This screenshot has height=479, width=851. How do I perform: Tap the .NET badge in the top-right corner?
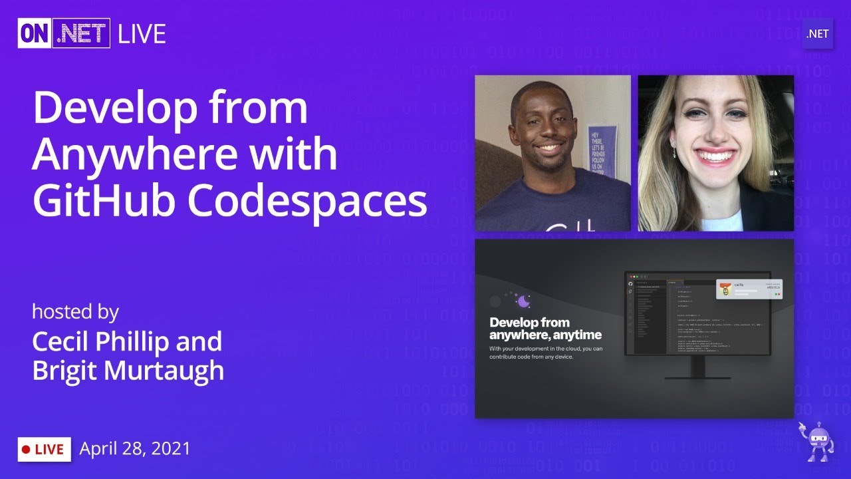(x=817, y=33)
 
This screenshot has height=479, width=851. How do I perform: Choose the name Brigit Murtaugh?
(x=128, y=371)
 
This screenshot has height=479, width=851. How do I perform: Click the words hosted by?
(x=75, y=311)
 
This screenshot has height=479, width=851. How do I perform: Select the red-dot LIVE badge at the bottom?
(x=45, y=449)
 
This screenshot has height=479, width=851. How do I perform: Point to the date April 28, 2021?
(x=135, y=448)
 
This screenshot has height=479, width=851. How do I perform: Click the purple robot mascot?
(x=816, y=442)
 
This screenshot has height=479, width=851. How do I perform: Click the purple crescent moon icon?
(x=523, y=301)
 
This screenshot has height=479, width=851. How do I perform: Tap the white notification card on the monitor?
(x=749, y=290)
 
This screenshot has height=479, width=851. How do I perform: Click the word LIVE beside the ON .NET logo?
(x=142, y=33)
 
